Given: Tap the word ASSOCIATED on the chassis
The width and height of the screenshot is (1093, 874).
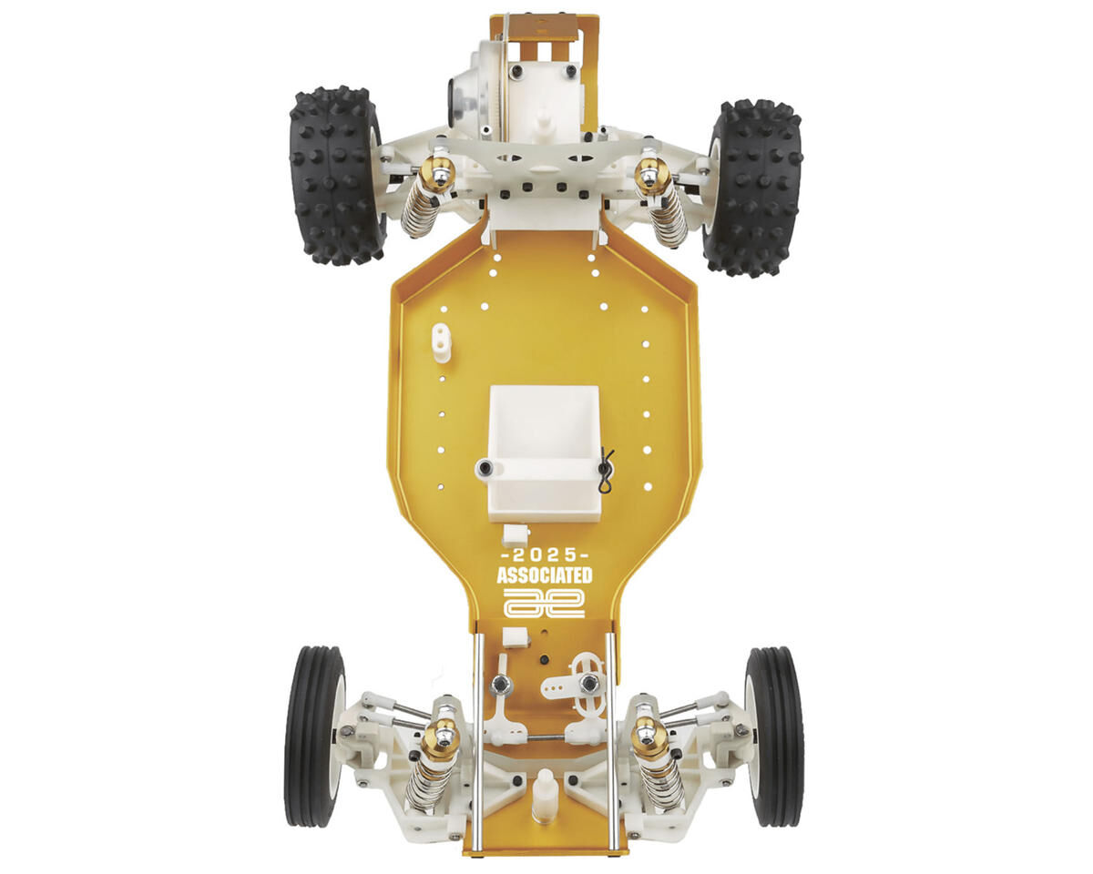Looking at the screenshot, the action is click(545, 576).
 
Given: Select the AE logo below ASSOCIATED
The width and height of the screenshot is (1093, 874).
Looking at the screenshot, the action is click(545, 603).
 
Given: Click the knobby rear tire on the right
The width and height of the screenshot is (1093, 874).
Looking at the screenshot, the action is click(752, 188).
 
